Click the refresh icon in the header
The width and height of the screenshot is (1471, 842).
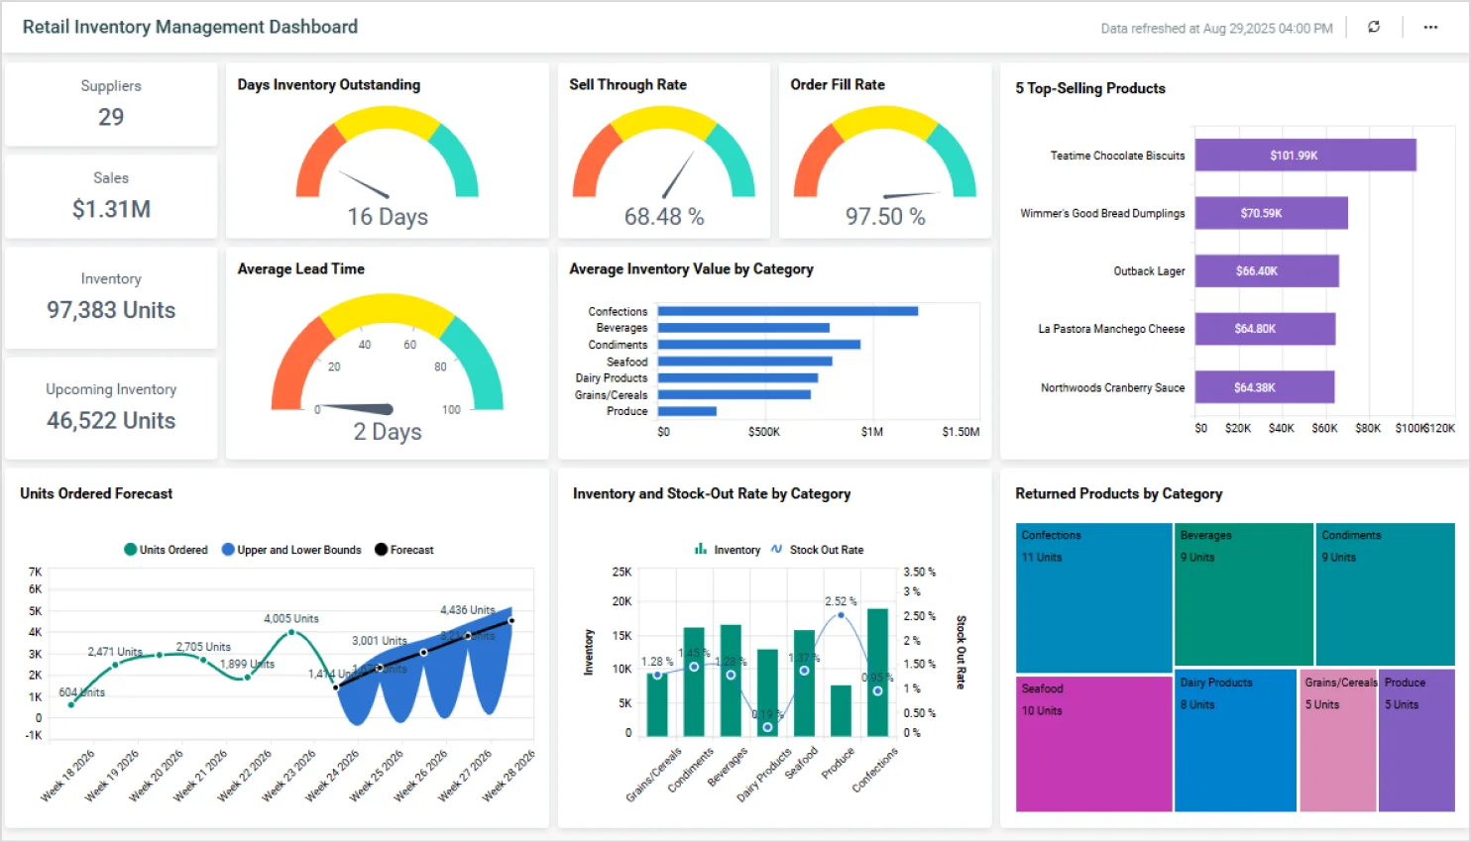tap(1374, 28)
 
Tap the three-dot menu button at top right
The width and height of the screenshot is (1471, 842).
tap(1430, 28)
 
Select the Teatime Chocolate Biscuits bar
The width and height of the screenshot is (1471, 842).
tap(1304, 156)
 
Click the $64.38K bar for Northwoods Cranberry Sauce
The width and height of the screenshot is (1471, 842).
tap(1264, 387)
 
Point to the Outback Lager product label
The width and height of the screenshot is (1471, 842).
tap(1149, 271)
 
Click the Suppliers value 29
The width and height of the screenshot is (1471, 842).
tap(111, 117)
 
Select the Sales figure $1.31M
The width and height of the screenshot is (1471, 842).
tap(111, 209)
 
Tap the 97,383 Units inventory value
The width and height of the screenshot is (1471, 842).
tap(111, 310)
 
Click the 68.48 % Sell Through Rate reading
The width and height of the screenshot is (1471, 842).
tap(664, 217)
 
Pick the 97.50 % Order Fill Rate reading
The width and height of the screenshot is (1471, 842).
tap(885, 217)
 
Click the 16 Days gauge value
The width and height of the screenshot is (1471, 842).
tap(388, 217)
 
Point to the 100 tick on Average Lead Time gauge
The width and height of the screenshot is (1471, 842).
tap(451, 410)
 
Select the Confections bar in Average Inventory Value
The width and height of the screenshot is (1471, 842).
tap(787, 311)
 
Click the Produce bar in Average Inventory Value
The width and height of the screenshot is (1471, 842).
tap(687, 411)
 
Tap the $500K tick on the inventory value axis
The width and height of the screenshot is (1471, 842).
tap(763, 432)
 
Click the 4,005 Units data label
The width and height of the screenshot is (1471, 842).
tap(291, 619)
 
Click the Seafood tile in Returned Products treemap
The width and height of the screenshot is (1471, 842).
tap(1093, 743)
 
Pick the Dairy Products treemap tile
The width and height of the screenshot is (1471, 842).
tap(1235, 743)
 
